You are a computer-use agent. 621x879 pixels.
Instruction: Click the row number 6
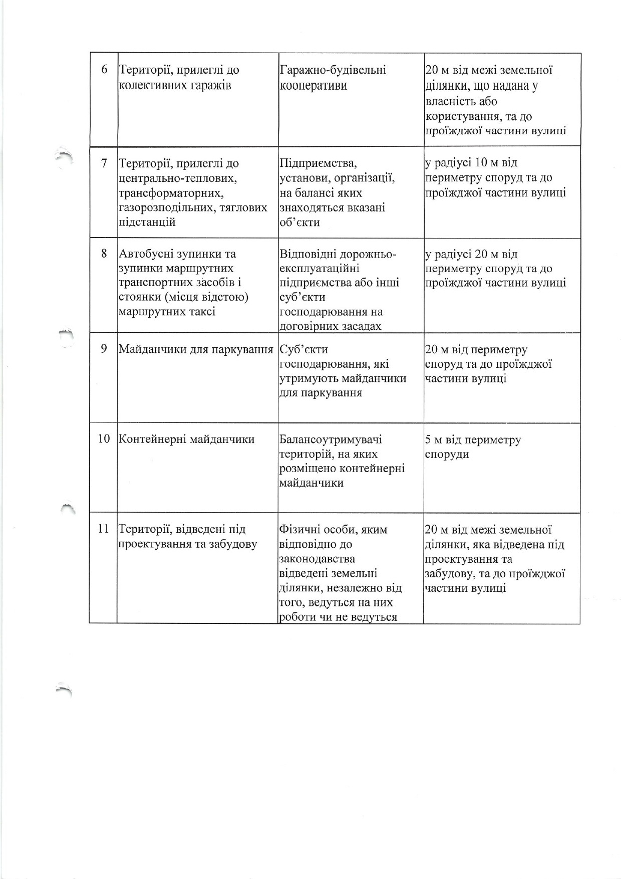[104, 69]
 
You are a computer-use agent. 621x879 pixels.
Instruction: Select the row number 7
[104, 163]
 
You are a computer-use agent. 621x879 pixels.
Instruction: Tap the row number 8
[104, 253]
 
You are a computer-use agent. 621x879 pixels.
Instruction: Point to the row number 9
[104, 348]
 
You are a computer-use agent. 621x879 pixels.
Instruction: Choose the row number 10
[104, 439]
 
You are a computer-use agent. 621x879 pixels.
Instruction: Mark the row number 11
[104, 529]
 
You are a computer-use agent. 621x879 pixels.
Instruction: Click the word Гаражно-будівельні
[332, 70]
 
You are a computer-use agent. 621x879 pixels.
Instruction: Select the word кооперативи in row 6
[313, 85]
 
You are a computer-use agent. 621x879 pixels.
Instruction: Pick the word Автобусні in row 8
[149, 254]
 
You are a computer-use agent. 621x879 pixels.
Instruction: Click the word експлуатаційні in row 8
[319, 269]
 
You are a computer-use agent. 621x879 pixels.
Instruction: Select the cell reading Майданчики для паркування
[196, 349]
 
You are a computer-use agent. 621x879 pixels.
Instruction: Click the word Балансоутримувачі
[331, 439]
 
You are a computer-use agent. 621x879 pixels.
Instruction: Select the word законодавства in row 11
[317, 559]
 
